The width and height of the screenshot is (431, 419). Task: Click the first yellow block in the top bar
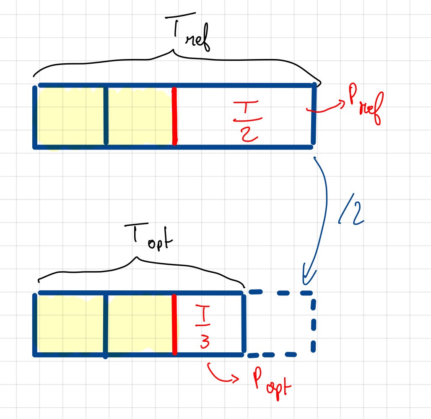(x=70, y=116)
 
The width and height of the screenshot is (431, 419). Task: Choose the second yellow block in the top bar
(x=140, y=116)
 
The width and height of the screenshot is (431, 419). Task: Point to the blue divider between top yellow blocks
(x=105, y=116)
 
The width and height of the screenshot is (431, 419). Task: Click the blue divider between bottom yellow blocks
(x=105, y=325)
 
